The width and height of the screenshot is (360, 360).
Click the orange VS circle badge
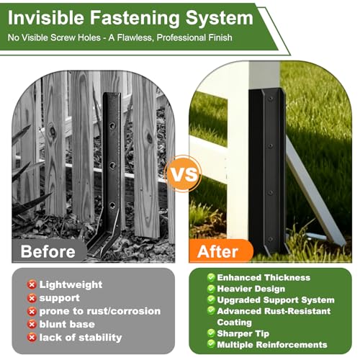[x=183, y=174]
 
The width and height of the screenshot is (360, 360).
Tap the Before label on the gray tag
[x=48, y=251]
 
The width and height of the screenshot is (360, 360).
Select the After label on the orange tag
[x=217, y=251]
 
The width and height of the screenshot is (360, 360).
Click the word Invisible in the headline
[x=46, y=18]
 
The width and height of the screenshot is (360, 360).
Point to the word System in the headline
[x=220, y=19]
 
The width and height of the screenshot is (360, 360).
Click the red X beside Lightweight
[x=32, y=285]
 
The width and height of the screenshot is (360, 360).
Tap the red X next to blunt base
[x=32, y=325]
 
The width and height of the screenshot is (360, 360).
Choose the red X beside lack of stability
[x=32, y=338]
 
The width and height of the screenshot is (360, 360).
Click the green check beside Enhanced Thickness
[x=211, y=277]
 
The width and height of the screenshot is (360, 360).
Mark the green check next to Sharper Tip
[x=211, y=333]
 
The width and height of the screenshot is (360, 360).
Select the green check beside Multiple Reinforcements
[x=211, y=344]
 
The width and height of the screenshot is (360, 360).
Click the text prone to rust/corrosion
[x=100, y=311]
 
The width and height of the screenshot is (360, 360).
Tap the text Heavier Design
[x=251, y=289]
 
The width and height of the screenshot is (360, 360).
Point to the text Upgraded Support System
[x=276, y=300]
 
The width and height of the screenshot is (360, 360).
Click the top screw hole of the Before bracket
[x=112, y=125]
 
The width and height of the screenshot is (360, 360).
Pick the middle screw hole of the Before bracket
[x=112, y=165]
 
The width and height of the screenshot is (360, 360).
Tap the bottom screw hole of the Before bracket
[x=112, y=205]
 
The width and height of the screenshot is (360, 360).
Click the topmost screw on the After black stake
[x=271, y=99]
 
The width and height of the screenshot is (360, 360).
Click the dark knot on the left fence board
[x=52, y=131]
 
